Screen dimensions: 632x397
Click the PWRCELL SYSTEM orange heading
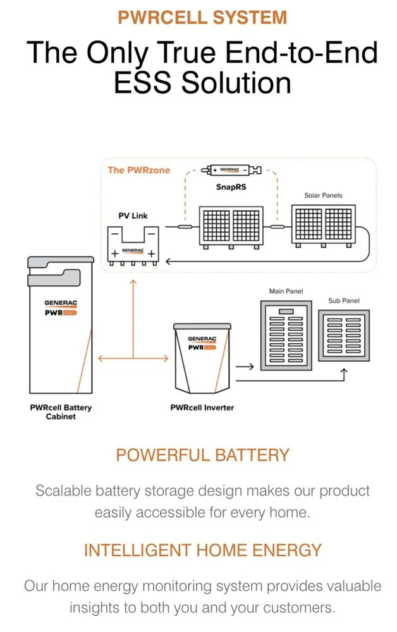[202, 17]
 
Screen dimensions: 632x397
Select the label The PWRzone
[138, 170]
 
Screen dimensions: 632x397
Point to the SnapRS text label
[228, 187]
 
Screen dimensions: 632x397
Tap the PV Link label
[133, 216]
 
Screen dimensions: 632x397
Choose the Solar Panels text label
[323, 195]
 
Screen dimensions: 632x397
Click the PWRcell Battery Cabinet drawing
[60, 325]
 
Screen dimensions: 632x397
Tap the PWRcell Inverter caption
[202, 408]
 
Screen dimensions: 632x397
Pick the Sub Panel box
[343, 335]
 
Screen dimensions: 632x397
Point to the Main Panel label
[286, 291]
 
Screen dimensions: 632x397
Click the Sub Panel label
[343, 301]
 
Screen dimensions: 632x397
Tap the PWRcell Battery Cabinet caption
[61, 412]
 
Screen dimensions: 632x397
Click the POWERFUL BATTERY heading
[202, 455]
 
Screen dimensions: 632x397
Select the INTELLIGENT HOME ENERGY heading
[202, 550]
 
